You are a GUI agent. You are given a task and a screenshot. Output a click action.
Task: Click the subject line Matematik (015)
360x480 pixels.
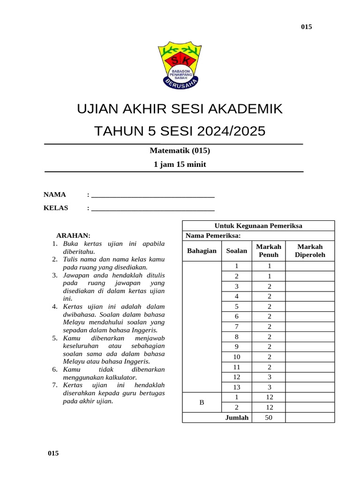coord(180,150)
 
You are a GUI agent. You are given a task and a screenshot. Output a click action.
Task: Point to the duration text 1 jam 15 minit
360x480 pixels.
coord(180,165)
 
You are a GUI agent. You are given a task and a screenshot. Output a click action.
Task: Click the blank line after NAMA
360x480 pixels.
coord(153,196)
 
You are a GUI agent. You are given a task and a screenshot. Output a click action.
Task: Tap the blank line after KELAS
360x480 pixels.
coord(153,209)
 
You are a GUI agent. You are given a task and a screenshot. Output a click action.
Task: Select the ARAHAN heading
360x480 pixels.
coord(73,235)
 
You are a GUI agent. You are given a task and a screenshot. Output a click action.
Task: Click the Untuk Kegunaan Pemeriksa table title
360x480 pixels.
coord(258,226)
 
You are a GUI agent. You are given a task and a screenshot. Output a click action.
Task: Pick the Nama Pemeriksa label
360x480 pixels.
coord(213,235)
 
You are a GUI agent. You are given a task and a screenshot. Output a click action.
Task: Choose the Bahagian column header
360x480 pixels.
coord(202,251)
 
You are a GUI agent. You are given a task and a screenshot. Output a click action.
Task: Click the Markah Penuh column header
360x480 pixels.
coord(269,251)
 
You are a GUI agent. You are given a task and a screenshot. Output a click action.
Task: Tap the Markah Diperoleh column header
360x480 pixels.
coord(310,251)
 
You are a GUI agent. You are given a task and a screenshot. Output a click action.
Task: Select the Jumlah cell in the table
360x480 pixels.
coord(237,418)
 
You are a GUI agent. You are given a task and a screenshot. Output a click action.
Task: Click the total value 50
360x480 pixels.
coord(269,418)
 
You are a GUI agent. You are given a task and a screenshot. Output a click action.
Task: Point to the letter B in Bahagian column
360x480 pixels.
coord(202,403)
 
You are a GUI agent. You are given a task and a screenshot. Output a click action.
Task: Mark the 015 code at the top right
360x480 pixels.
coord(306,27)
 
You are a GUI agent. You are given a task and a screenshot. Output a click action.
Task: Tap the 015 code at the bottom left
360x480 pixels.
coord(53,453)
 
